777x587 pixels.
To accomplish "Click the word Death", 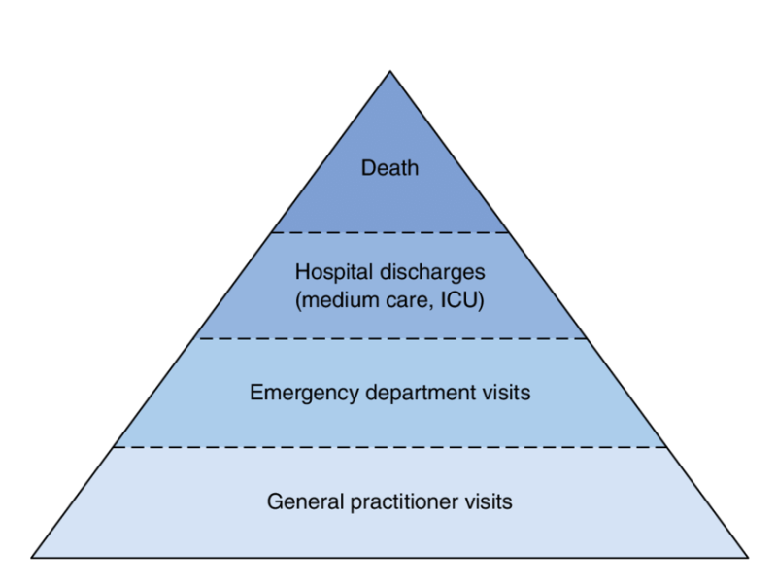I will click(389, 168).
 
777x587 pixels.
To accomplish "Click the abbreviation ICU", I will click(463, 300).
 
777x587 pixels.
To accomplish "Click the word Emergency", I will click(291, 394).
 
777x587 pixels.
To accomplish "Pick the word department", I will click(411, 394).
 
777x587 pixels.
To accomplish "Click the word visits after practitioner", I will click(489, 502).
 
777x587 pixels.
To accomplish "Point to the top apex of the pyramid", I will click(389, 71).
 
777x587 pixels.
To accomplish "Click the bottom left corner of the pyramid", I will click(32, 558).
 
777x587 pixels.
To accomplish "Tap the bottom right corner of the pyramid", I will click(748, 558).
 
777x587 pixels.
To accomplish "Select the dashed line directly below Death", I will click(389, 233).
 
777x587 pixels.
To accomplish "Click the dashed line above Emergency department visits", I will click(389, 339).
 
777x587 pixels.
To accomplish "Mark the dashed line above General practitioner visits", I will click(389, 447).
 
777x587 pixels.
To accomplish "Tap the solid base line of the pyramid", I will click(389, 558).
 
